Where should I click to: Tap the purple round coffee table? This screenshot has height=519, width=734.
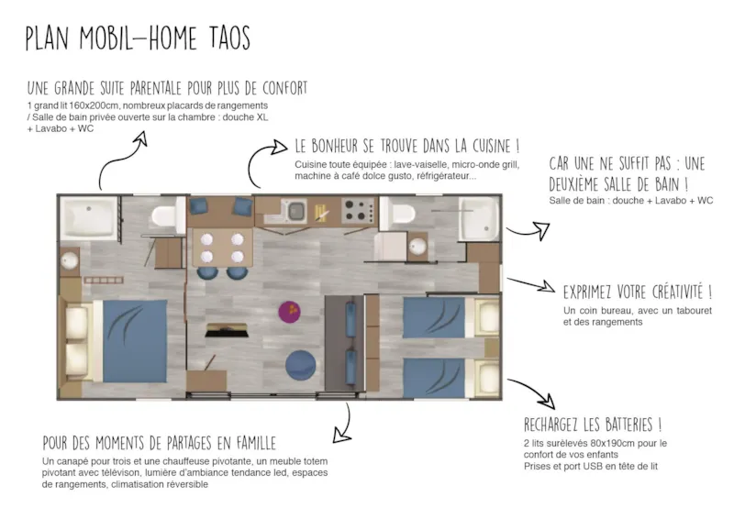coord(289,312)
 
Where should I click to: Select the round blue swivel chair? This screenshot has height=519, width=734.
coord(301,365)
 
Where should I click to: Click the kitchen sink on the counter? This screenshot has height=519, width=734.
coord(295,211)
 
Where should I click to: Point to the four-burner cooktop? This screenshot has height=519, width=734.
coord(359,211)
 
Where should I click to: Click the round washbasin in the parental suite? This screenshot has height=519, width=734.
coord(70,260)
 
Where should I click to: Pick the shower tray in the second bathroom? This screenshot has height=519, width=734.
coord(479,218)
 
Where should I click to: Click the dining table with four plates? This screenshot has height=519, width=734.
coord(222,248)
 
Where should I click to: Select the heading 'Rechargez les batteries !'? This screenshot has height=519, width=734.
coord(592,425)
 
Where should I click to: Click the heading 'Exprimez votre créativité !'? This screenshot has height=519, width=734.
coord(637,292)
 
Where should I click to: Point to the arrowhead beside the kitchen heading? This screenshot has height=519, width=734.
coord(279,147)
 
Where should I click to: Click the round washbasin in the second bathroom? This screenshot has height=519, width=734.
coord(417,246)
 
